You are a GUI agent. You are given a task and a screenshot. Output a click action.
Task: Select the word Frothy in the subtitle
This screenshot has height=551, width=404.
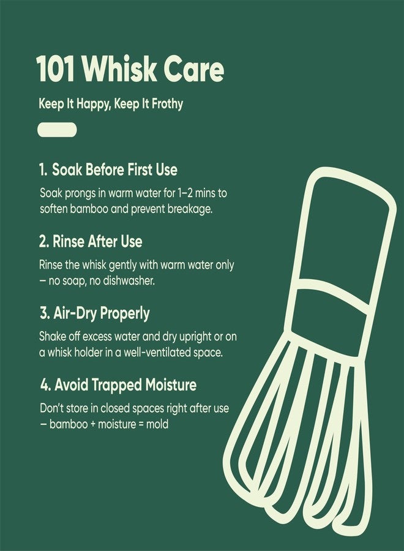pyautogui.click(x=163, y=104)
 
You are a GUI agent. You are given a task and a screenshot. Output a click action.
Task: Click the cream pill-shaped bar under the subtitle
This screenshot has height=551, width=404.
pyautogui.click(x=57, y=130)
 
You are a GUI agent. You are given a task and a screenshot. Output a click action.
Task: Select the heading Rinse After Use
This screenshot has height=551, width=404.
pyautogui.click(x=91, y=241)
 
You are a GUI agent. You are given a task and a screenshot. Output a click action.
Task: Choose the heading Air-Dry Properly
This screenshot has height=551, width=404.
pyautogui.click(x=94, y=313)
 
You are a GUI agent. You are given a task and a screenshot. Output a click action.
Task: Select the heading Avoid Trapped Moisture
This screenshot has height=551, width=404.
pyautogui.click(x=118, y=386)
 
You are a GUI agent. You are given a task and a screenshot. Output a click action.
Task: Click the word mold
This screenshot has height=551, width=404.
pyautogui.click(x=157, y=424)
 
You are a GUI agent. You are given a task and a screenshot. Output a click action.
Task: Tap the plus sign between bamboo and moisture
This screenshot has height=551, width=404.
pyautogui.click(x=91, y=424)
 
